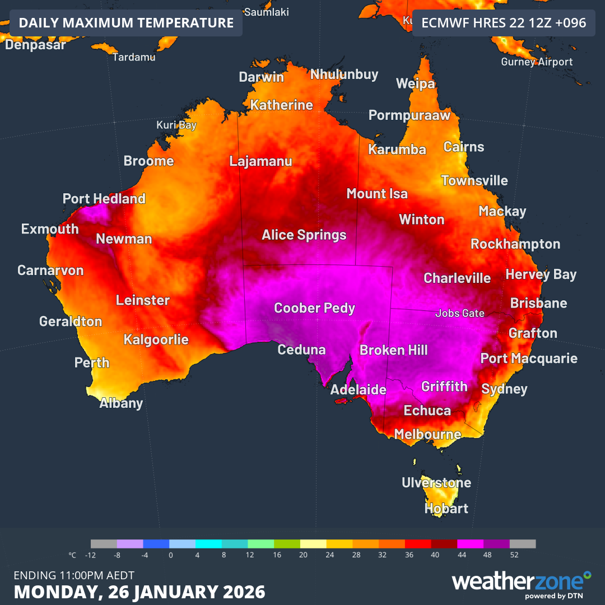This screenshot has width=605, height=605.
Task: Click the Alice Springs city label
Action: [x=304, y=235]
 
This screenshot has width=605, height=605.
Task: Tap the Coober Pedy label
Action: [x=314, y=308]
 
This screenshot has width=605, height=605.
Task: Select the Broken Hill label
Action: [x=393, y=351]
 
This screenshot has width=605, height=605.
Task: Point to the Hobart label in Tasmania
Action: [x=446, y=509]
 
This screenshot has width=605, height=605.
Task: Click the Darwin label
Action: [x=261, y=77]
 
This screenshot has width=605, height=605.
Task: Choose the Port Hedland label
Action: [x=104, y=199]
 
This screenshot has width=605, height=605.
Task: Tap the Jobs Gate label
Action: [x=459, y=314]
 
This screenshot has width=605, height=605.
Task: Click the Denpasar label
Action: [x=35, y=45]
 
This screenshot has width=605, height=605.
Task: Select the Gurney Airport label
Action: [x=537, y=62]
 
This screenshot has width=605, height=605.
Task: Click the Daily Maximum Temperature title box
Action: [x=126, y=23]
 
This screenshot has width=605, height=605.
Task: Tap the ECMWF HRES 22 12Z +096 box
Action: [x=504, y=23]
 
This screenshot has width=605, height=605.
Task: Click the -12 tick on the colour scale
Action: [x=91, y=555]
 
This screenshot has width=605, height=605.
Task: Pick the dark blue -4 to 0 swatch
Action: [x=156, y=544]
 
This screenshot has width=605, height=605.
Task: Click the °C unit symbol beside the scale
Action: [x=72, y=555]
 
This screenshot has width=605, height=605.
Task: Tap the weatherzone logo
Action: [x=521, y=583]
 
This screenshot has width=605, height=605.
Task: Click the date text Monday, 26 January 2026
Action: [x=139, y=592]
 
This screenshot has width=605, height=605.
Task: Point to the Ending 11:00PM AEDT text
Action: [x=73, y=575]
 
